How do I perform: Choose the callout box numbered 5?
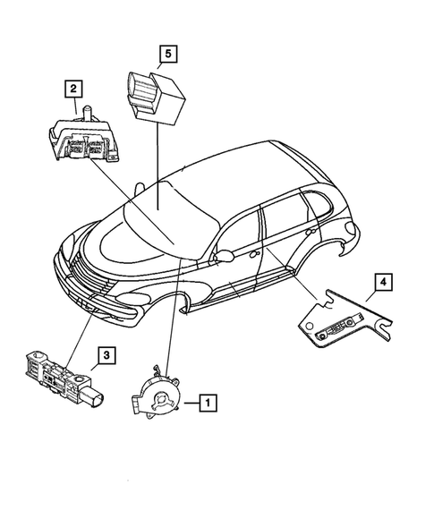pyautogui.click(x=166, y=55)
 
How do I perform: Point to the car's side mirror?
pyautogui.click(x=223, y=258)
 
